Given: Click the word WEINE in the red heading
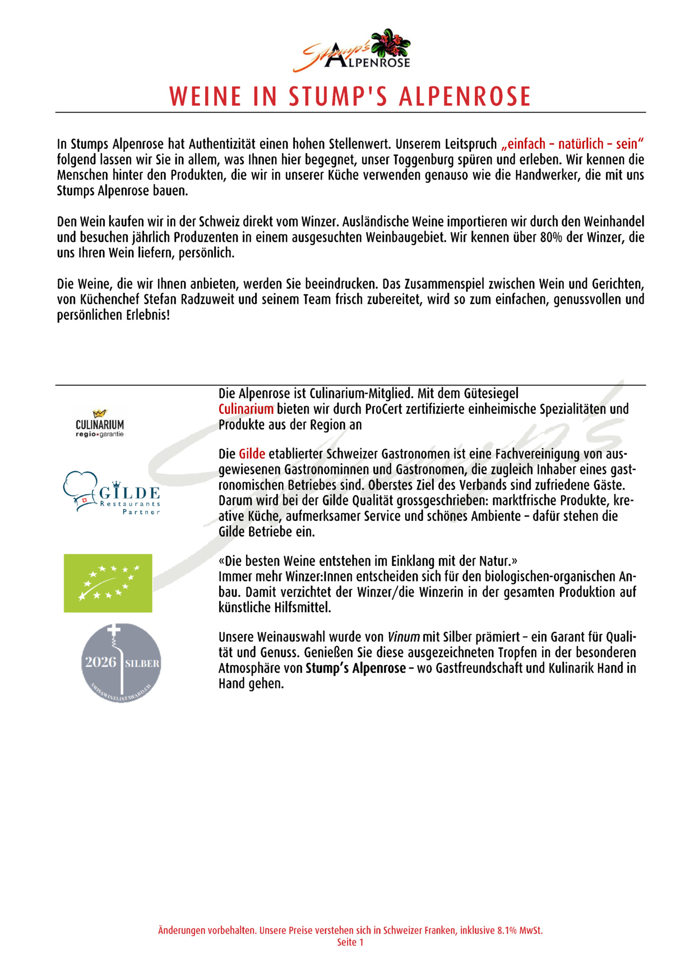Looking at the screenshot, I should (x=205, y=97).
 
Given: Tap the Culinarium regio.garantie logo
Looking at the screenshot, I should (x=100, y=423).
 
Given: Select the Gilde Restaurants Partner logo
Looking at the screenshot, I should (x=112, y=493).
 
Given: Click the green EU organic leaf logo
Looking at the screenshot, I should (x=108, y=583).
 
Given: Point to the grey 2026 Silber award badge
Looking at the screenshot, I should (x=121, y=663).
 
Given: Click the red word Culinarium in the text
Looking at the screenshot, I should (x=246, y=409).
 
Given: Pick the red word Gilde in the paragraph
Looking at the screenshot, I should (x=252, y=454).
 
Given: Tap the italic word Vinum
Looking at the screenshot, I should (x=404, y=637).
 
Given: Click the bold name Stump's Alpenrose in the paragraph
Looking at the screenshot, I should (x=355, y=668).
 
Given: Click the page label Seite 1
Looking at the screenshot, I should (x=350, y=942).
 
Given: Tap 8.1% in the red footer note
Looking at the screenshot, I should (x=507, y=930).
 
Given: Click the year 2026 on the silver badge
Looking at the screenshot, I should (x=100, y=662).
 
